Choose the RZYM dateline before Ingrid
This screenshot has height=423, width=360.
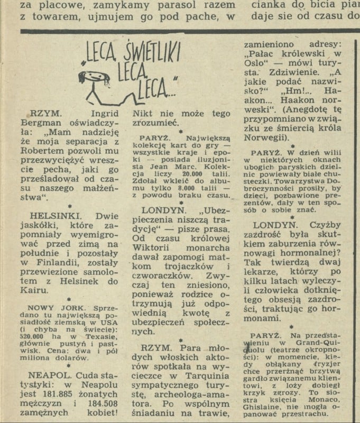tap(44, 113)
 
